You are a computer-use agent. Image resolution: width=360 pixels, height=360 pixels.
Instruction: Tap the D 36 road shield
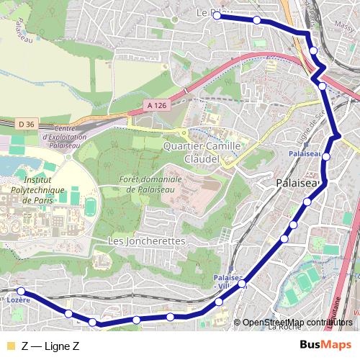coord(26,124)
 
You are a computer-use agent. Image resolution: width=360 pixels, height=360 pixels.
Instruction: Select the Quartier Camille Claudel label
coord(202,151)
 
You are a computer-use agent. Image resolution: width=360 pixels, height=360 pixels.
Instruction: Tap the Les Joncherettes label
coord(146,240)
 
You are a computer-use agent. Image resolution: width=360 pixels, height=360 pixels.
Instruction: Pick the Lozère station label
coord(19,299)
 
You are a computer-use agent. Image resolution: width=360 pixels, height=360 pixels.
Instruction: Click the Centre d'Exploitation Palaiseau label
coord(65,136)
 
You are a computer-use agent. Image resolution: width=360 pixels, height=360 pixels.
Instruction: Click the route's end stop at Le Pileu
coord(216,15)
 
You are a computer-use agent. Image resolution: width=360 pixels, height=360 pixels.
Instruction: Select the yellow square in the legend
coord(9,346)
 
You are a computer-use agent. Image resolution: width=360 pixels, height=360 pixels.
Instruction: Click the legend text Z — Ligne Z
coord(50,346)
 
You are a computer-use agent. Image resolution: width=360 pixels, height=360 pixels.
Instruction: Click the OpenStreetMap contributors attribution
coord(297,322)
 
